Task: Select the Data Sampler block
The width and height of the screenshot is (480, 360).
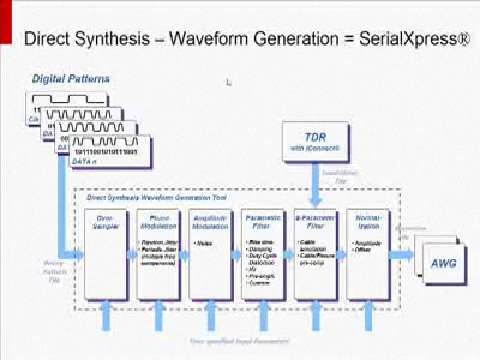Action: [x=108, y=255]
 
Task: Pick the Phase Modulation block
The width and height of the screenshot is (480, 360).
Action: [x=160, y=255]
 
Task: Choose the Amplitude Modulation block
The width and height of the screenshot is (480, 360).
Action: [x=212, y=255]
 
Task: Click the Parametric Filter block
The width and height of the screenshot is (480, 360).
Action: [x=264, y=255]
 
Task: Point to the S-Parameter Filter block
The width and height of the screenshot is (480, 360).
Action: [x=317, y=255]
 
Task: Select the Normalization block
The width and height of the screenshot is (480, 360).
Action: [x=369, y=255]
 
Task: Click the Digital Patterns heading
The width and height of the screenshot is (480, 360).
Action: [x=71, y=77]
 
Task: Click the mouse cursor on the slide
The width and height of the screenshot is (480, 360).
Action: [x=230, y=81]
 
